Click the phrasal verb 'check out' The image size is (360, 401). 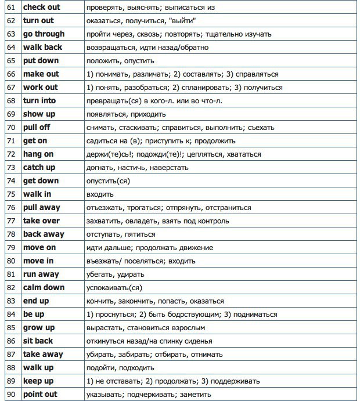[41, 7]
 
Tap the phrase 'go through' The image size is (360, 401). [44, 34]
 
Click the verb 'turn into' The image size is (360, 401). [39, 100]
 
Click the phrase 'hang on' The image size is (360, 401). [38, 154]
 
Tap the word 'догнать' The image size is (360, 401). [99, 168]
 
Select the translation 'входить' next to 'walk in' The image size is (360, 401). [99, 194]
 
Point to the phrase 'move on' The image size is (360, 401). [39, 247]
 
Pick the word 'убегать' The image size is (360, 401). [100, 274]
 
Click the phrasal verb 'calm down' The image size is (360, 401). [43, 287]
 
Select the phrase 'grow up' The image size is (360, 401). [39, 327]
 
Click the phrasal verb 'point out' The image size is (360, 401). [41, 394]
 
